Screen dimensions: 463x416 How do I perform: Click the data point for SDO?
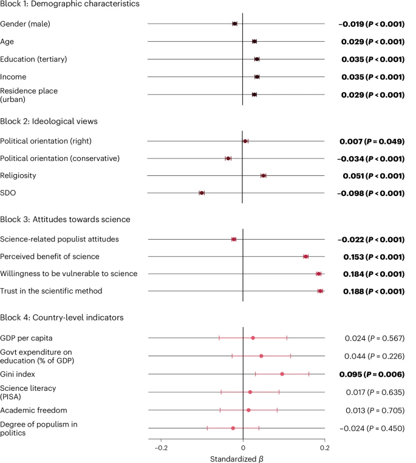point(202,193)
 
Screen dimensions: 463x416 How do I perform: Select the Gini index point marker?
point(282,374)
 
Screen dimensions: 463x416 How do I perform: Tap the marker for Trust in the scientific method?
point(320,291)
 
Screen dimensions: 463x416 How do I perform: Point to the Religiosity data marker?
point(264,175)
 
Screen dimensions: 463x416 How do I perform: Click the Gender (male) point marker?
point(235,24)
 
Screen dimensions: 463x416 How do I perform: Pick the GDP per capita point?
point(253,338)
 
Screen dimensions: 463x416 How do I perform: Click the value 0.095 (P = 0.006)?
point(372,374)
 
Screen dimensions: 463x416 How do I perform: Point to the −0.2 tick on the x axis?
point(160,448)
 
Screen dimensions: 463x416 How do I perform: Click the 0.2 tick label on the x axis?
point(325,448)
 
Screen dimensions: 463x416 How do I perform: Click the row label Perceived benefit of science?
point(52,256)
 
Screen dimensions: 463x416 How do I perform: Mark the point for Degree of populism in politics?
point(233,428)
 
